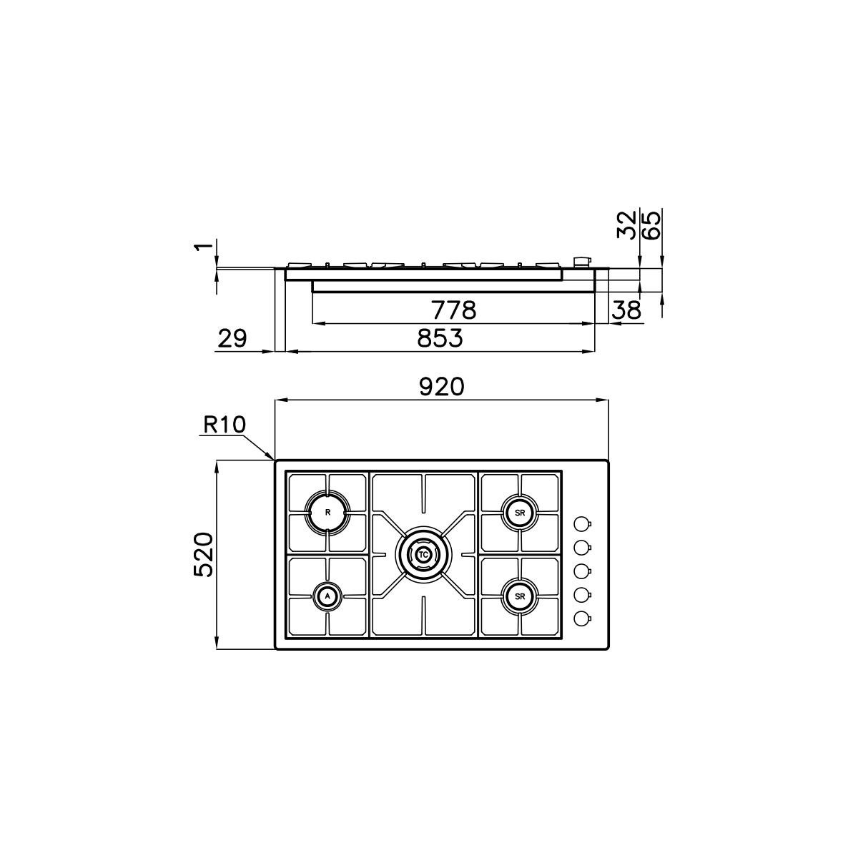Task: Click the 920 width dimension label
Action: click(441, 386)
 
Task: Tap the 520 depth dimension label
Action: click(204, 554)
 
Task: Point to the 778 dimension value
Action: click(455, 310)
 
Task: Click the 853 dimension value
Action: click(440, 337)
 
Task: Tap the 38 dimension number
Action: click(626, 310)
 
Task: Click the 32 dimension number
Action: click(627, 225)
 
